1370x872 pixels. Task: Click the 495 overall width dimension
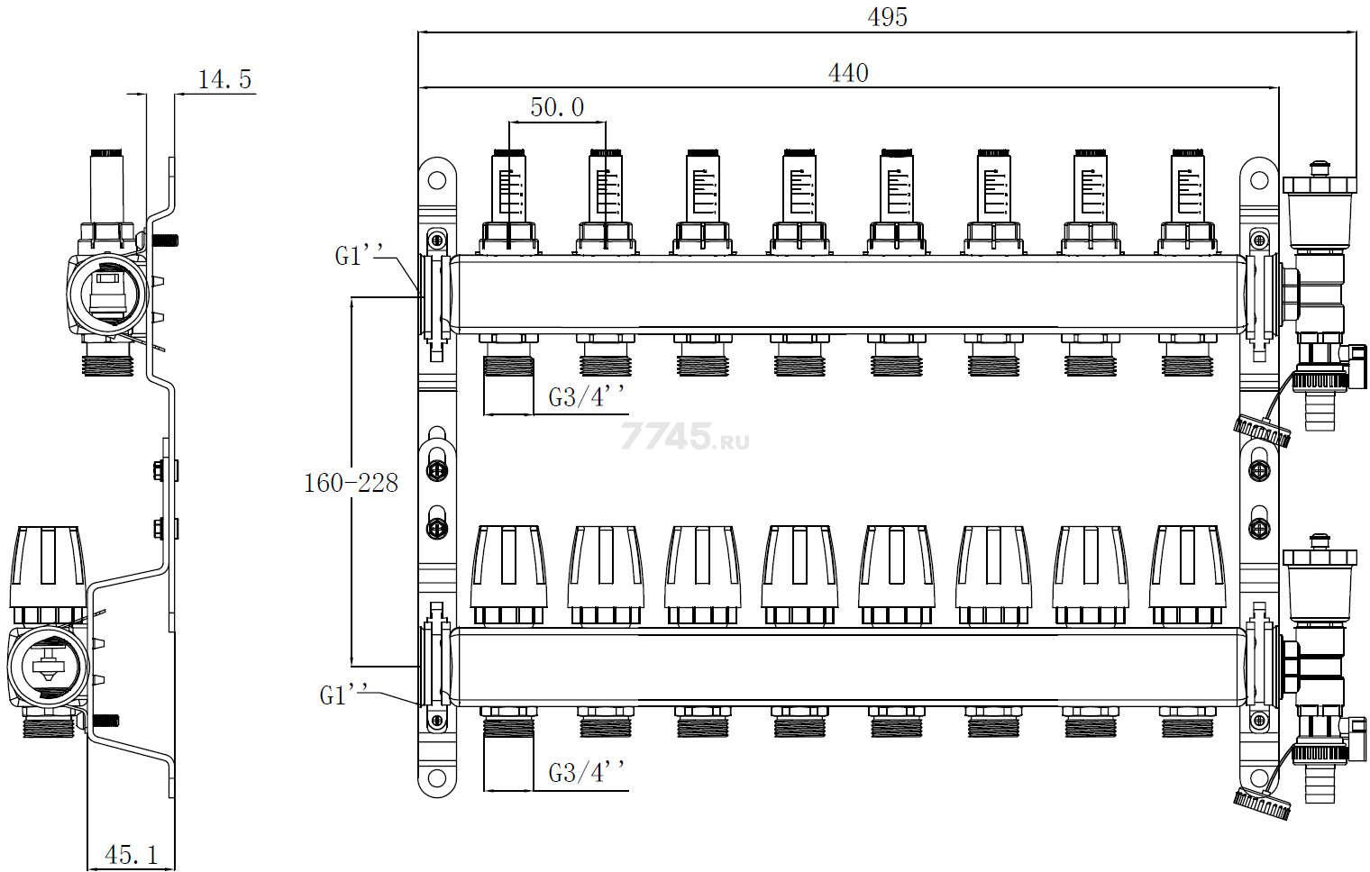click(887, 17)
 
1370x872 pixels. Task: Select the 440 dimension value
click(848, 73)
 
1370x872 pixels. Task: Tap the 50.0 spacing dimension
click(557, 107)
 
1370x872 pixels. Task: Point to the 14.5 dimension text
click(224, 79)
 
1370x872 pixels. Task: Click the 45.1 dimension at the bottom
click(131, 854)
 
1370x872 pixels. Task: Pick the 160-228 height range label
click(351, 484)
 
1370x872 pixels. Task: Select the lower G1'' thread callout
click(344, 695)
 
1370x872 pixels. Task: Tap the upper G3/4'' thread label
click(587, 397)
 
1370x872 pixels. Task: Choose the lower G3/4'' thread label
click(587, 773)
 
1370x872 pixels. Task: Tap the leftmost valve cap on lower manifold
click(508, 568)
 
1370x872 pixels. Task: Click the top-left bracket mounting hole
click(437, 179)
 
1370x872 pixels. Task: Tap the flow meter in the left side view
click(107, 189)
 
